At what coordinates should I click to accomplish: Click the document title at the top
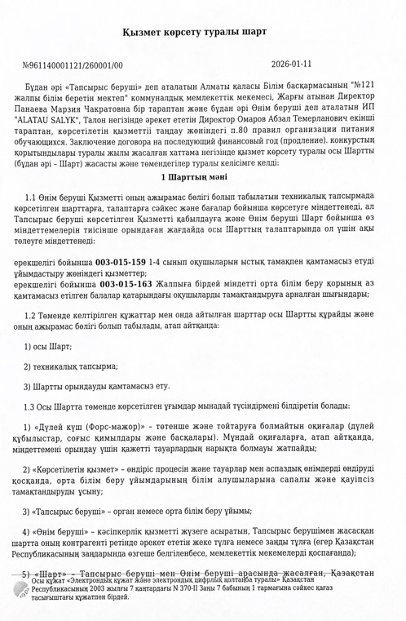pos(203,32)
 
